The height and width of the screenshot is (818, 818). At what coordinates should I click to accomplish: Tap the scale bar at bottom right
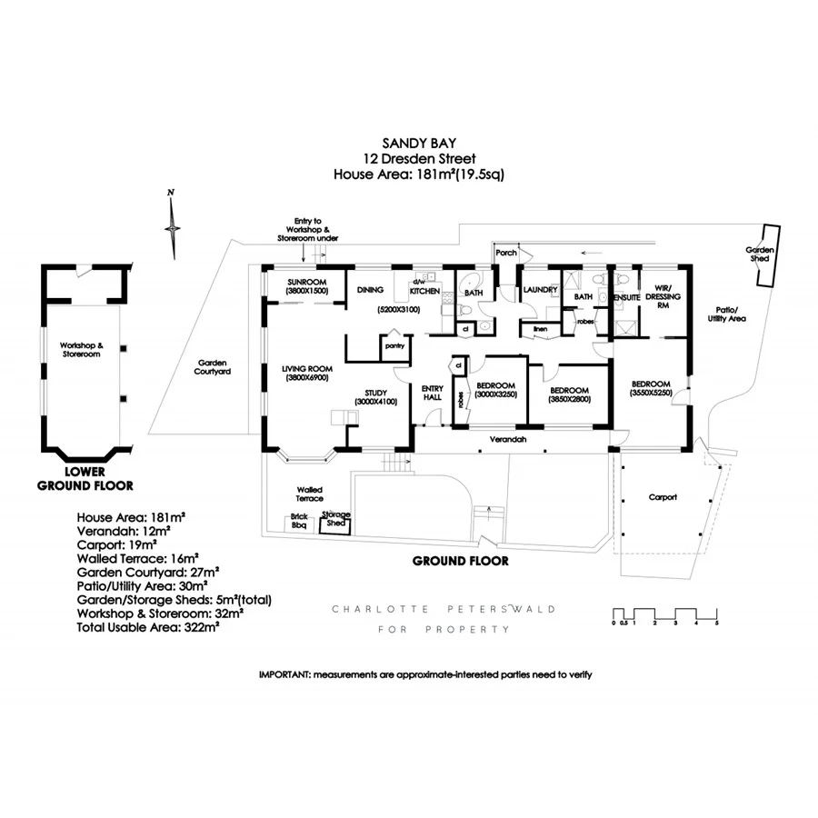pos(665,614)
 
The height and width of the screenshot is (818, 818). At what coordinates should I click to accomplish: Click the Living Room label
pos(307,372)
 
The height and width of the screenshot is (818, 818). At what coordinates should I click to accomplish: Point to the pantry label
pos(394,346)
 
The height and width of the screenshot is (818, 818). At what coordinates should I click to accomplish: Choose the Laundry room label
pos(540,290)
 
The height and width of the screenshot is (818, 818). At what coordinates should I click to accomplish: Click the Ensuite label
pos(627,296)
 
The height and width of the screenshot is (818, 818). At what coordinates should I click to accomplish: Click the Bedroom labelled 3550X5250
pos(651,388)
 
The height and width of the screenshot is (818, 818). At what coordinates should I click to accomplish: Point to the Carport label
pos(663,497)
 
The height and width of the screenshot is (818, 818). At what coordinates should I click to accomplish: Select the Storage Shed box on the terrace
pos(335,521)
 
